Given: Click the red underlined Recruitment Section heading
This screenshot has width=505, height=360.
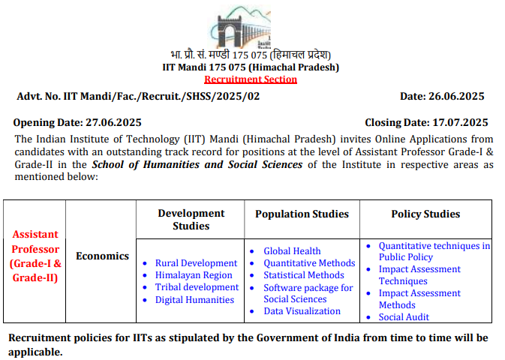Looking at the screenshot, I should (251, 79).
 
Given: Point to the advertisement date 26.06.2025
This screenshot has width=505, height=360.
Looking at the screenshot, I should (458, 96).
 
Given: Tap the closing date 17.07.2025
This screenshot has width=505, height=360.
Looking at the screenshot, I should (460, 122).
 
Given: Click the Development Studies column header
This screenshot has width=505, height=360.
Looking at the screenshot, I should (191, 219).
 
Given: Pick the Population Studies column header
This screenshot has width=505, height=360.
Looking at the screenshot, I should (302, 214).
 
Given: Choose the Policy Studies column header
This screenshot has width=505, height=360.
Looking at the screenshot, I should (425, 214).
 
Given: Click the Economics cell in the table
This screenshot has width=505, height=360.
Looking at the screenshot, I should (103, 256).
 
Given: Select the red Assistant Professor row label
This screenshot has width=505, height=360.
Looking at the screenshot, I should (35, 256).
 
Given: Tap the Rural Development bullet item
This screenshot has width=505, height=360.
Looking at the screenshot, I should (196, 263).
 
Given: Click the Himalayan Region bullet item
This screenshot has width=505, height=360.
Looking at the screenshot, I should (194, 275).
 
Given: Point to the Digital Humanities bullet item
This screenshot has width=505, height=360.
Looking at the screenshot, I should (194, 299).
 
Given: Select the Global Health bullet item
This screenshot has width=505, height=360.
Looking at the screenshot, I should (292, 250).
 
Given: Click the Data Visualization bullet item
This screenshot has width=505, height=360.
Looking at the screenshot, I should (302, 310).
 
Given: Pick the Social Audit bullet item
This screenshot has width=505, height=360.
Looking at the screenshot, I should (404, 317).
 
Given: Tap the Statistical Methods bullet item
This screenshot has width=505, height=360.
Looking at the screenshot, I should (304, 275).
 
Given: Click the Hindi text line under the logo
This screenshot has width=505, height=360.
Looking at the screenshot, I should (250, 55).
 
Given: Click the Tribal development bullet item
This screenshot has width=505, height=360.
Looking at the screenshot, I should (197, 287).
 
